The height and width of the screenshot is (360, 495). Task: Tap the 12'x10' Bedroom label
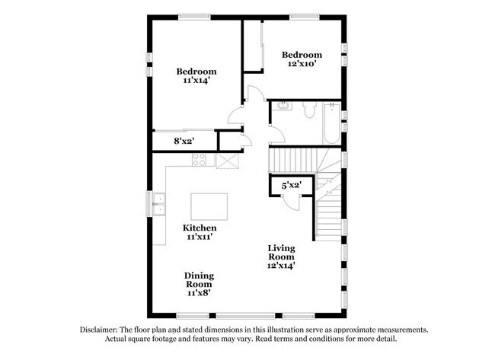click(x=302, y=60)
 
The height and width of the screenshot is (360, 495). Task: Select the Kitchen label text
click(x=200, y=228)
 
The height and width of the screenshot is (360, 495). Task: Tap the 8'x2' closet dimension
click(x=186, y=141)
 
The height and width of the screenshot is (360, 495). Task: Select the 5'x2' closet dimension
click(x=292, y=185)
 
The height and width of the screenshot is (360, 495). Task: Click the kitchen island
click(x=209, y=205)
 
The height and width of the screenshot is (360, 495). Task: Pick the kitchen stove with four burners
click(x=199, y=160)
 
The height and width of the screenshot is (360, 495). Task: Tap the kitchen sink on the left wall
click(x=160, y=204)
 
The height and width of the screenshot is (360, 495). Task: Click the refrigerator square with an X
click(x=227, y=160)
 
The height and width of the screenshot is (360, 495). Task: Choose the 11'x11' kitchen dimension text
click(x=200, y=237)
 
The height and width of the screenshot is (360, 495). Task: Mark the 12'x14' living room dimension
click(x=281, y=266)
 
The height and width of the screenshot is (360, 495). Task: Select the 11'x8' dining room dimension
click(x=199, y=293)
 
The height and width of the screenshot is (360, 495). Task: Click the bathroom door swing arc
click(x=276, y=134)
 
